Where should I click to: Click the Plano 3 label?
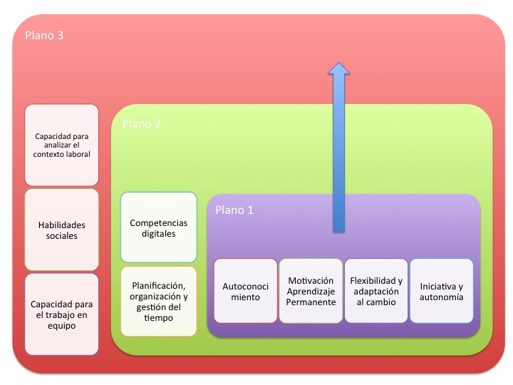(x=44, y=35)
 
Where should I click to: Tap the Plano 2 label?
(x=141, y=123)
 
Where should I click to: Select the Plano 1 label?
(x=234, y=210)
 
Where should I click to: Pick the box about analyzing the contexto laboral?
(x=62, y=144)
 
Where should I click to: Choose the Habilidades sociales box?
(x=62, y=230)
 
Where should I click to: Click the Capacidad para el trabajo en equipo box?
(x=62, y=314)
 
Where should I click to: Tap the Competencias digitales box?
(x=158, y=227)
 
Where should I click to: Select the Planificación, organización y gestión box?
(x=158, y=302)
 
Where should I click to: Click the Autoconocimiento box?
(x=246, y=290)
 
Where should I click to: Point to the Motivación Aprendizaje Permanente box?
(x=311, y=290)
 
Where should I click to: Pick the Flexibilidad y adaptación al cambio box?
(x=376, y=290)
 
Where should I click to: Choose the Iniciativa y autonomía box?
(x=441, y=290)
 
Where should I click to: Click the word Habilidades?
(x=62, y=225)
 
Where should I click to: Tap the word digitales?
(x=158, y=233)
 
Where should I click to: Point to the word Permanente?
(x=311, y=302)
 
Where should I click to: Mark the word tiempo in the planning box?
(x=158, y=318)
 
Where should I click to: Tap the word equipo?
(x=62, y=325)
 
